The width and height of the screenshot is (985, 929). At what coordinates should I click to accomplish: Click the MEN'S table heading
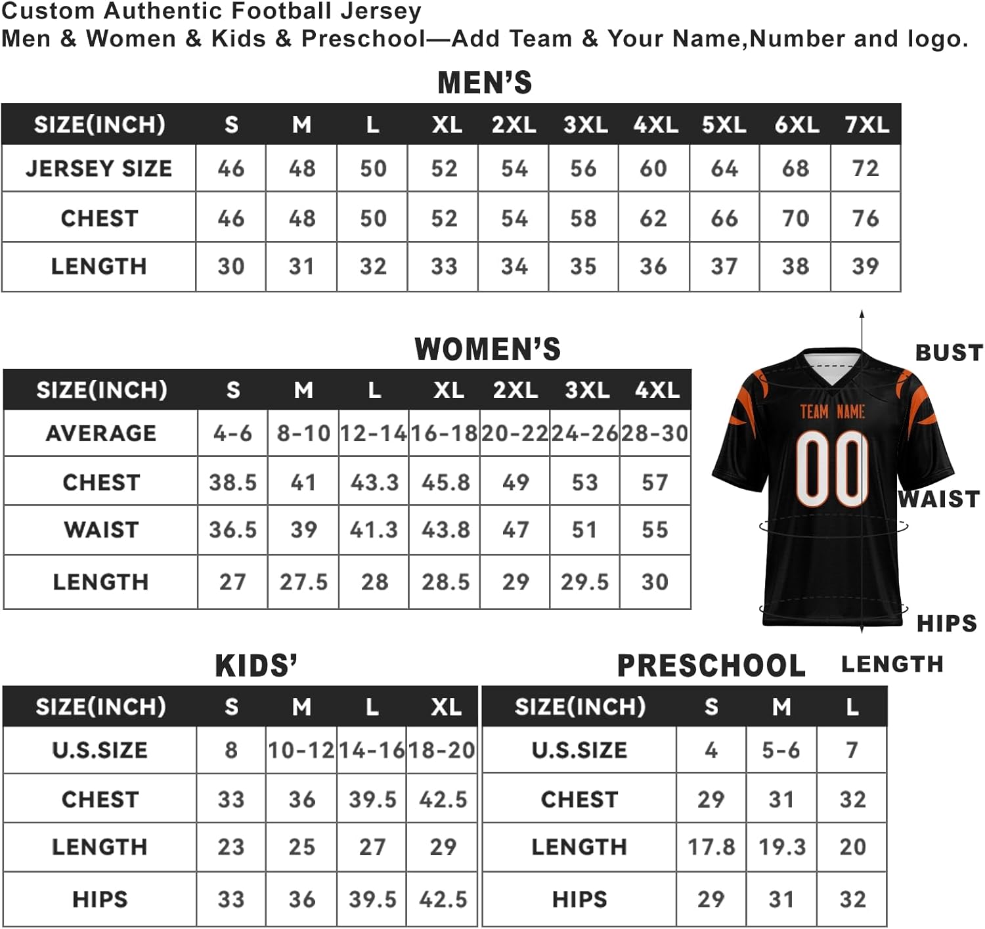tap(485, 83)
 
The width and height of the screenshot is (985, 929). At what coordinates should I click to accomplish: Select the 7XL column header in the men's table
tap(867, 125)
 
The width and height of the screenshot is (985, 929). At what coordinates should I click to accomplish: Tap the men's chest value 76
tap(865, 218)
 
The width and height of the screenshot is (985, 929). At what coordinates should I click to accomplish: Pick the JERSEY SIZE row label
tap(99, 169)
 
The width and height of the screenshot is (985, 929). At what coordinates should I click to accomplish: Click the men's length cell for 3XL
tap(583, 267)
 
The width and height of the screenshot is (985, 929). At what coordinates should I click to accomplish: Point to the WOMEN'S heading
tap(487, 349)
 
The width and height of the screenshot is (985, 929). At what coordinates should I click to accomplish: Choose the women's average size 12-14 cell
tap(373, 433)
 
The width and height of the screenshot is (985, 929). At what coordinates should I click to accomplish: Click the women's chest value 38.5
tap(232, 483)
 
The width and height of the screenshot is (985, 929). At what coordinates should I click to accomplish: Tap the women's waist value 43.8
tap(445, 530)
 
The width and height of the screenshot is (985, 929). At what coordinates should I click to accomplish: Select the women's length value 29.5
tap(584, 582)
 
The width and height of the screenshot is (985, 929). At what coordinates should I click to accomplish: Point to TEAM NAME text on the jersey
tap(832, 412)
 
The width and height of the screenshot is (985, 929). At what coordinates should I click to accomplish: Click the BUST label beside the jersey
tap(948, 353)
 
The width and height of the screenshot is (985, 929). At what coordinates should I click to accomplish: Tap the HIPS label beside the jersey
tap(946, 623)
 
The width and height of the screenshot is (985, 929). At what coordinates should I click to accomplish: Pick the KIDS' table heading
tap(256, 666)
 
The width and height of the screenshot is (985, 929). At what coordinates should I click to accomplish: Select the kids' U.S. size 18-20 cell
tap(442, 750)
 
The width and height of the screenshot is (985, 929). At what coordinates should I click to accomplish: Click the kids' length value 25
tap(301, 847)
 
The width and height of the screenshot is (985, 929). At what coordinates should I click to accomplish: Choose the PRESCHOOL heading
tap(711, 666)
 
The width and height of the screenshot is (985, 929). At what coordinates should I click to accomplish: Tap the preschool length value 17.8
tap(711, 847)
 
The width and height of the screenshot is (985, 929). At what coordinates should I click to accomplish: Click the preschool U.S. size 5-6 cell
tap(781, 750)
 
